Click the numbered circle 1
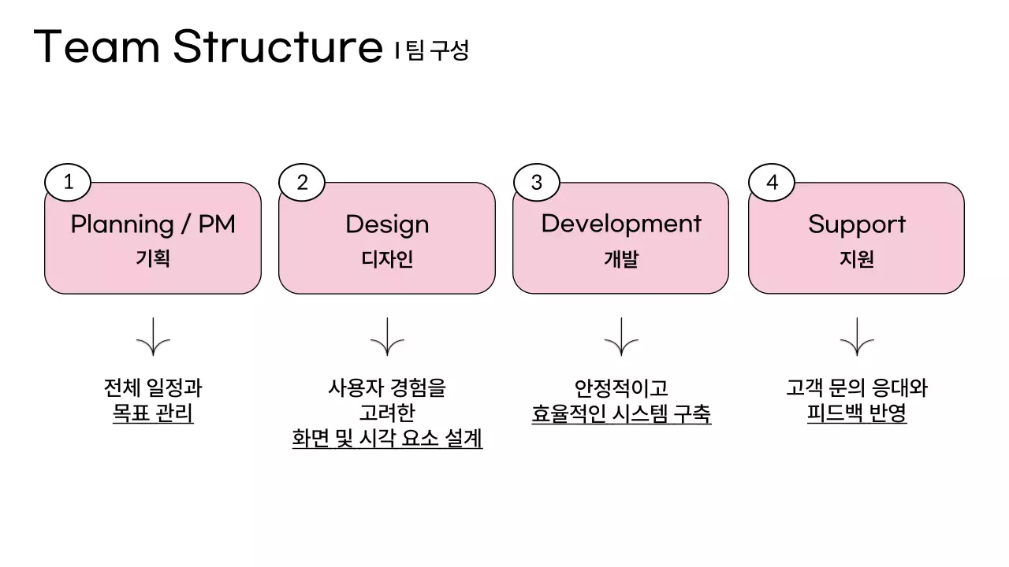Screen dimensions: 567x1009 68,183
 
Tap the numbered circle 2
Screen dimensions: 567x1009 302,183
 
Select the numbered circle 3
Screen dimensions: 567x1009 537,183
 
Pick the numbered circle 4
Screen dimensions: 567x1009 772,183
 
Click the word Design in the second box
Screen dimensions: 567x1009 387,225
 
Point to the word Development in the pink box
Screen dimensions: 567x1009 621,224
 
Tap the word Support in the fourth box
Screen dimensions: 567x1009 857,225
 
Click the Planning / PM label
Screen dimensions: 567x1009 153,224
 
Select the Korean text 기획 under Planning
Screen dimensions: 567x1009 153,259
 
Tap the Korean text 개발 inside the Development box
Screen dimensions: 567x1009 621,259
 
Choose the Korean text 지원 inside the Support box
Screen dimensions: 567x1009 857,259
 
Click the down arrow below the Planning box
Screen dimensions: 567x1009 153,337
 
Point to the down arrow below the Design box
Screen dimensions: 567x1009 387,337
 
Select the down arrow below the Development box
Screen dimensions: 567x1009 621,337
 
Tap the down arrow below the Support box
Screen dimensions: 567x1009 857,337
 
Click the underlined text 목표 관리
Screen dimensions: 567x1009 153,413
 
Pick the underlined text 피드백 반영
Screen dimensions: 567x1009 857,413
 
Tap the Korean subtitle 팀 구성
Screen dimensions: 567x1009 437,51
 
